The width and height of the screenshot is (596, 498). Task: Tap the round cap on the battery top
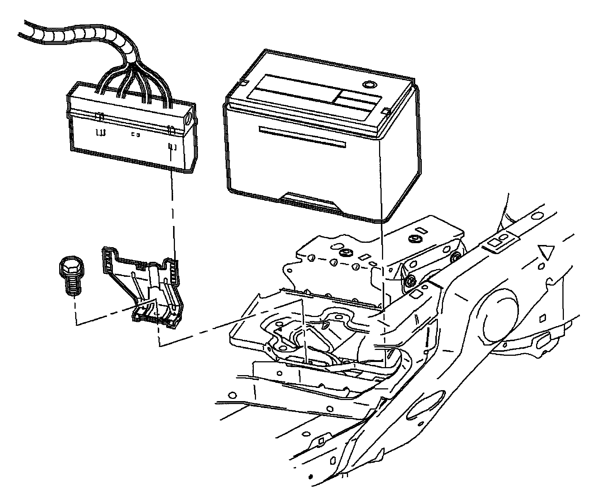point(368,85)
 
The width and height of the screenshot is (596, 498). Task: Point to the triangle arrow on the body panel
point(546,252)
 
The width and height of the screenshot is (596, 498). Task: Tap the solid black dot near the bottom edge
point(310,477)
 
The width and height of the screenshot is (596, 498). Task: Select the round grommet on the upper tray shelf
point(344,253)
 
